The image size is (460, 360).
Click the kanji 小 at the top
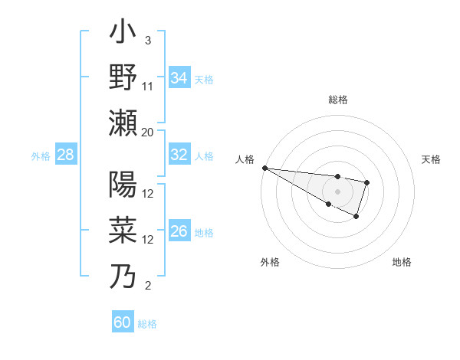pos(123,34)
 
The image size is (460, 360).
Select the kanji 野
pos(123,78)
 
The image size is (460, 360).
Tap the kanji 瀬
pos(123,123)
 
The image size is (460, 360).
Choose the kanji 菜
pos(123,229)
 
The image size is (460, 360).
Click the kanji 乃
pos(123,274)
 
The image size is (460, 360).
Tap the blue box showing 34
pos(179,78)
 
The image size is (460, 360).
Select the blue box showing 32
pos(179,155)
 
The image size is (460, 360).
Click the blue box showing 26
pos(179,232)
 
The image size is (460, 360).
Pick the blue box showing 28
pos(66,155)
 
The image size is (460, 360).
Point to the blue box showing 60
pos(123,322)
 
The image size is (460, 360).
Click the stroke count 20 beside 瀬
pos(148,132)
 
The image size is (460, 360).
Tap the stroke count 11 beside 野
pos(148,87)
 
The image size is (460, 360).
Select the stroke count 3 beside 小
pos(147,41)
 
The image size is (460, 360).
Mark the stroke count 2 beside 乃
pos(147,286)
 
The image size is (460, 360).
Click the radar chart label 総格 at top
pos(338,100)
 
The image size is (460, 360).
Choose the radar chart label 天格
pos(432,159)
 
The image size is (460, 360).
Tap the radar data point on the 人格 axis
pos(264,168)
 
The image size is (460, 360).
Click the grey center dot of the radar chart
pos(337,191)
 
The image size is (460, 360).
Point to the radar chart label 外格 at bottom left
pos(270,262)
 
